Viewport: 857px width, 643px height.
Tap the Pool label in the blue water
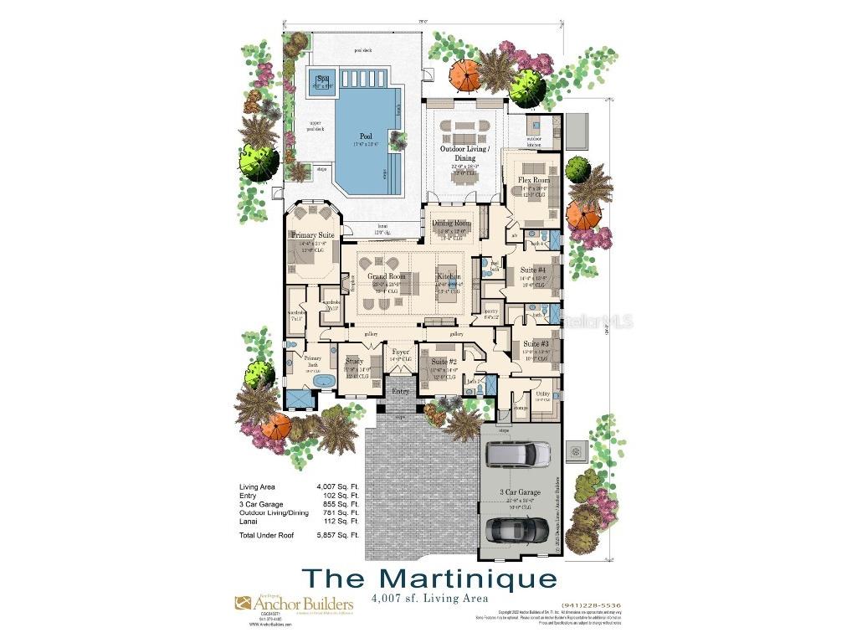[x=366, y=136]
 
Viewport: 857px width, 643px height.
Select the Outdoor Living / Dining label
[x=464, y=153]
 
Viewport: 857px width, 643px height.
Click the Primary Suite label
[x=313, y=236]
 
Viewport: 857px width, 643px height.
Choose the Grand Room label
[x=387, y=276]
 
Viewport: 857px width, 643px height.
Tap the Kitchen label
[x=449, y=276]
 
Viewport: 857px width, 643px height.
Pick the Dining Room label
[x=451, y=224]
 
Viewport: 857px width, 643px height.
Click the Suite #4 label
[x=534, y=270]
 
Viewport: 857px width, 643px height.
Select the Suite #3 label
[x=536, y=344]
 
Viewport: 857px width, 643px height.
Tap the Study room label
[x=355, y=362]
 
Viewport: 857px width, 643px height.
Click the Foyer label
[x=401, y=352]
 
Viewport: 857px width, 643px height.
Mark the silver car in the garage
[x=518, y=453]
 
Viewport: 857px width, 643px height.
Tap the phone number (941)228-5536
[x=593, y=605]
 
